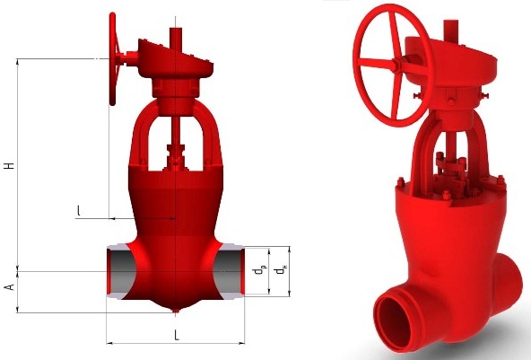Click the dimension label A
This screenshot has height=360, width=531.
pyautogui.click(x=10, y=286)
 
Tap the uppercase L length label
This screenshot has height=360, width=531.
pyautogui.click(x=177, y=335)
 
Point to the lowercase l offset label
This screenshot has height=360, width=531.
pyautogui.click(x=79, y=210)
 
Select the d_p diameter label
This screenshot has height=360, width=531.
pyautogui.click(x=259, y=270)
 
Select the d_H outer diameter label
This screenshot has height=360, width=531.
pyautogui.click(x=281, y=270)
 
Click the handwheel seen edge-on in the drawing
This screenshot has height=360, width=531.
pyautogui.click(x=113, y=58)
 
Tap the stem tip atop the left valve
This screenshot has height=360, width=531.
pyautogui.click(x=176, y=30)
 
